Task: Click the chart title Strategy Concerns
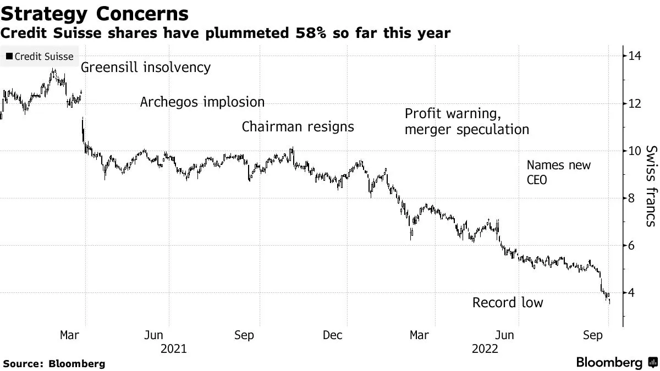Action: pos(95,13)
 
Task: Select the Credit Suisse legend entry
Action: pos(39,56)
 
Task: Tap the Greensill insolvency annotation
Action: pos(146,68)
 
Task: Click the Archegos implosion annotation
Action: pos(202,102)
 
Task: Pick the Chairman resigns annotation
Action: pos(298,127)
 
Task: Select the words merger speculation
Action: pos(466,130)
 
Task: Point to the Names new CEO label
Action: pos(558,172)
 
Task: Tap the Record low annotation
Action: pos(507,303)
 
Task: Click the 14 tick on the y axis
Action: pos(635,56)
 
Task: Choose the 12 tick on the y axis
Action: pos(635,103)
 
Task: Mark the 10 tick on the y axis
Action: pos(635,151)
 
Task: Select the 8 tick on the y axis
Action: pos(632,198)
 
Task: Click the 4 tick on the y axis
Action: pos(632,293)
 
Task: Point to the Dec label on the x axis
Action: pos(333,335)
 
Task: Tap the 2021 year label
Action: pos(173,349)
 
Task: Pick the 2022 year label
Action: pos(485,349)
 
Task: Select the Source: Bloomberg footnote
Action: pos(53,363)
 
